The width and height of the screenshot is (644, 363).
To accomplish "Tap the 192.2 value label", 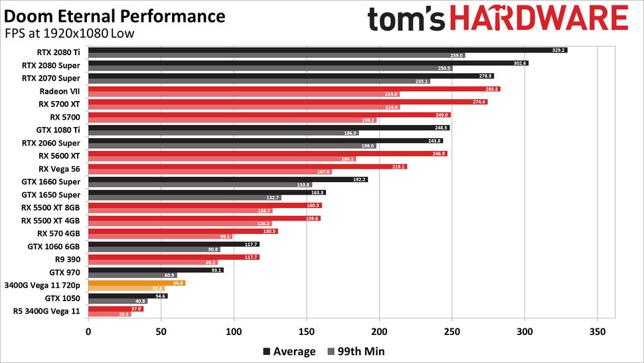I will pyautogui.click(x=359, y=179).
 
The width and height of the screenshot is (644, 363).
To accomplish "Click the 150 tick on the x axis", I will pyautogui.click(x=307, y=330).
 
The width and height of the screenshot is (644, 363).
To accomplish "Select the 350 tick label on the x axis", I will pyautogui.click(x=598, y=330).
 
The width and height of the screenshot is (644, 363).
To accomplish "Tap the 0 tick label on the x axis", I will pyautogui.click(x=88, y=330).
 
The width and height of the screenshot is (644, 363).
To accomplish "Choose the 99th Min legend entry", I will pyautogui.click(x=356, y=351).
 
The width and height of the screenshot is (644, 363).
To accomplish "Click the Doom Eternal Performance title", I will pyautogui.click(x=114, y=15).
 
